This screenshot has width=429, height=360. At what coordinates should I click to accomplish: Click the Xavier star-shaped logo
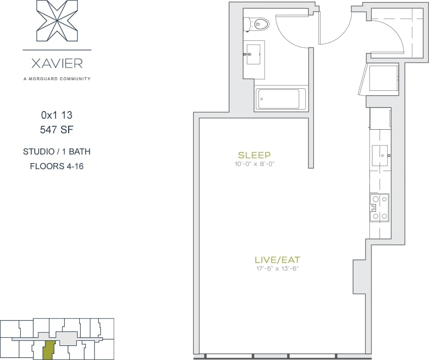(x=57, y=21)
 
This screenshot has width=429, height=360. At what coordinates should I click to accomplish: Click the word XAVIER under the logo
(x=57, y=64)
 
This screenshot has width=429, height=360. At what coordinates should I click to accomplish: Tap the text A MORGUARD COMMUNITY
(x=57, y=79)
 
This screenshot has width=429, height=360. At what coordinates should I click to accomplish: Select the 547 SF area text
(x=57, y=130)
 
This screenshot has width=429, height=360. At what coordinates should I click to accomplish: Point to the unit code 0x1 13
(x=57, y=115)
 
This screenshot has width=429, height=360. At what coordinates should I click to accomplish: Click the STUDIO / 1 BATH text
(x=57, y=151)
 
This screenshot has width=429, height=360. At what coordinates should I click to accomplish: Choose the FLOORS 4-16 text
(x=57, y=166)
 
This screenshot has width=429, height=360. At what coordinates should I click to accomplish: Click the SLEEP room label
(x=254, y=155)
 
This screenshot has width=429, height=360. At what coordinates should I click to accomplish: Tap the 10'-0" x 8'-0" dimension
(x=254, y=164)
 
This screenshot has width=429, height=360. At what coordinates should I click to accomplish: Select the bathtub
(x=280, y=99)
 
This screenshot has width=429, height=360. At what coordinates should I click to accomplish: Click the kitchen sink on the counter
(x=379, y=151)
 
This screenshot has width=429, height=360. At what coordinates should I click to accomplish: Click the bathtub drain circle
(x=261, y=99)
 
